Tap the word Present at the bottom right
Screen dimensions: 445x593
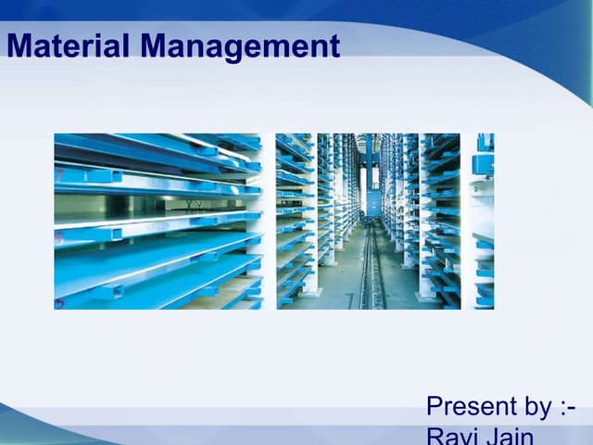click(471, 406)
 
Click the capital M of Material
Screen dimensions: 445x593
click(18, 45)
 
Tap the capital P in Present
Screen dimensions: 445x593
click(435, 406)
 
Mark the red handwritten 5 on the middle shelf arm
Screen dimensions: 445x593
click(58, 238)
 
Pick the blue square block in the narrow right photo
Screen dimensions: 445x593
click(482, 164)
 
